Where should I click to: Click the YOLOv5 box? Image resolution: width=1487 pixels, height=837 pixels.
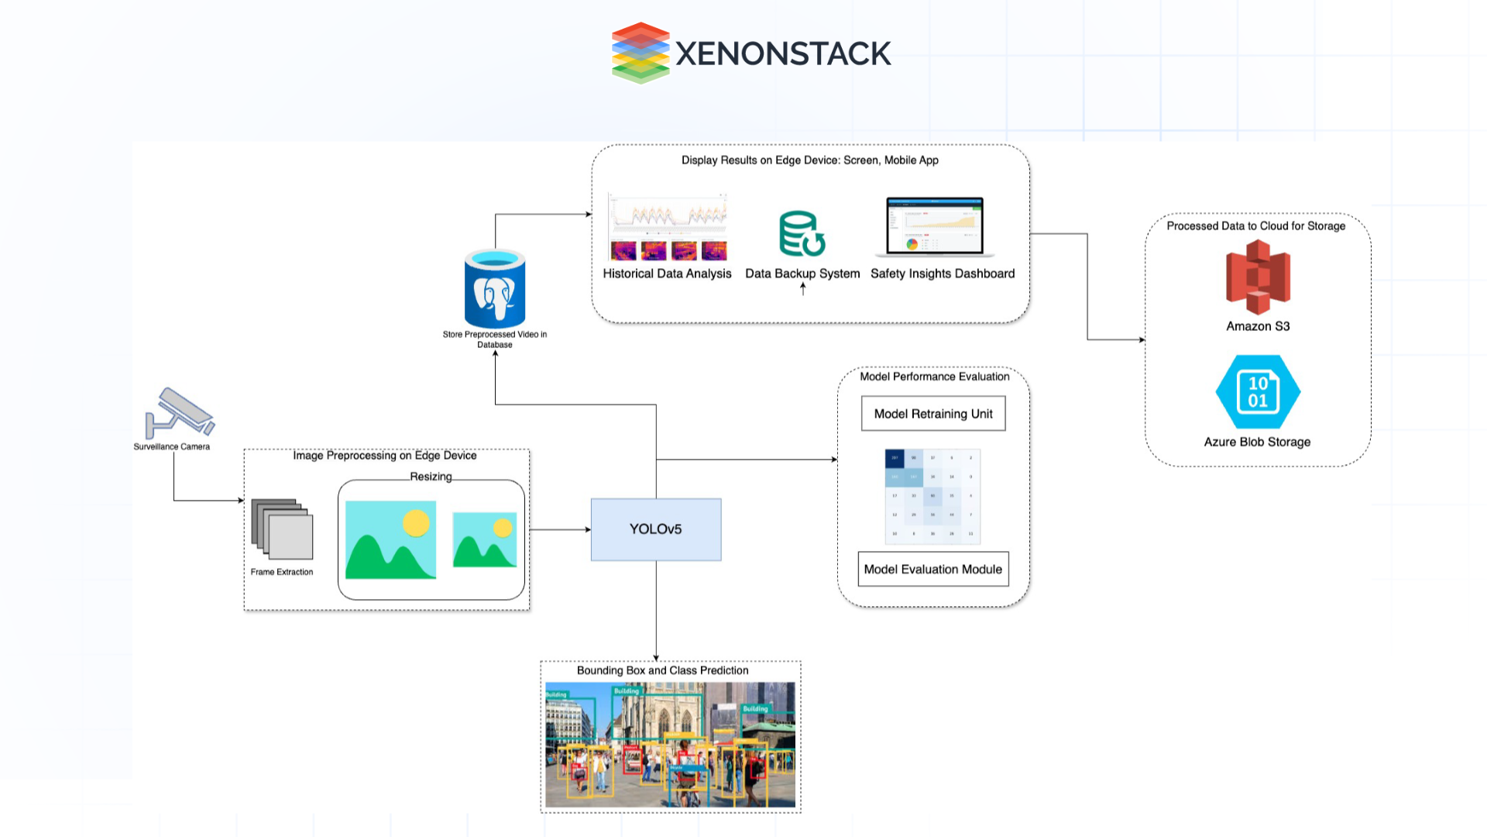click(655, 529)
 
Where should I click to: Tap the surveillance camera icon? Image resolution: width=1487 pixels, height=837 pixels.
click(180, 412)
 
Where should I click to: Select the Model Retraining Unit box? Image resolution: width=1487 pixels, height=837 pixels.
click(933, 414)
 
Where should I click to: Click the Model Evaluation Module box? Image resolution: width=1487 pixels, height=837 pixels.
click(932, 569)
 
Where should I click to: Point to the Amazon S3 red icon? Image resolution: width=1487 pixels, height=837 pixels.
click(1258, 277)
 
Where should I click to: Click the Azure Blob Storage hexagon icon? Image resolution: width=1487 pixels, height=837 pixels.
click(1258, 392)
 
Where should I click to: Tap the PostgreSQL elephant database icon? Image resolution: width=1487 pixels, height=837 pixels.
click(495, 289)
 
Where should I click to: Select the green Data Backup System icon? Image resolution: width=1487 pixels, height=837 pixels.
click(802, 233)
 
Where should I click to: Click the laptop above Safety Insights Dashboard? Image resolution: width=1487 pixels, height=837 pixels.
click(935, 226)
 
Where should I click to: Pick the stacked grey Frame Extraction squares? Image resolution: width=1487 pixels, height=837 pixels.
click(282, 529)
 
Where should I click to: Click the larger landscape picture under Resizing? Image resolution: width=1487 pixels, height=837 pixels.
click(390, 539)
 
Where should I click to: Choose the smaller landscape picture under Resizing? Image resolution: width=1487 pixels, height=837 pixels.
click(485, 539)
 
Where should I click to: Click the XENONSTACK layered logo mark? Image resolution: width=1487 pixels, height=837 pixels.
click(640, 53)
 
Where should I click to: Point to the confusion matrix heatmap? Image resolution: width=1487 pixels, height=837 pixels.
click(932, 496)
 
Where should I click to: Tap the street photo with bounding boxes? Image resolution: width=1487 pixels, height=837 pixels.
click(670, 745)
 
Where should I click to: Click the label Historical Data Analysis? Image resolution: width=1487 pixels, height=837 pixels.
click(667, 274)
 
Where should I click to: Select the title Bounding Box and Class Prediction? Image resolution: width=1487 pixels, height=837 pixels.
click(662, 670)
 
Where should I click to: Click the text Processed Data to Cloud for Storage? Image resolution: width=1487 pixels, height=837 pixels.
click(1255, 226)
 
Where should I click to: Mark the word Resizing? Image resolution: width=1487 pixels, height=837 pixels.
click(431, 477)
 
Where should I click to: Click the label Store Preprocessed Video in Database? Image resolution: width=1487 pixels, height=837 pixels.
click(495, 339)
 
